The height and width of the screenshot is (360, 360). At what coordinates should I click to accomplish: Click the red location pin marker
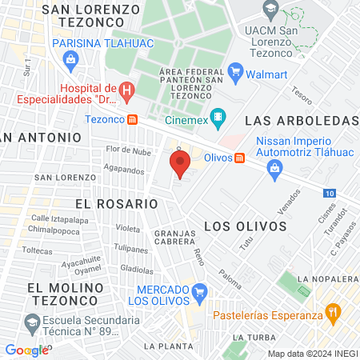[180, 165]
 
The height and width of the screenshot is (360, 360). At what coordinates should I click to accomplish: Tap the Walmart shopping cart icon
[235, 74]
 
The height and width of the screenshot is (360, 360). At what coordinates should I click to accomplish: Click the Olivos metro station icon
[240, 158]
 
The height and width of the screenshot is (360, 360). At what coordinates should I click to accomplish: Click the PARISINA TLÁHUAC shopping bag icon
[71, 58]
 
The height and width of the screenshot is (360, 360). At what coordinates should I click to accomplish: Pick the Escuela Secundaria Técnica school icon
[32, 324]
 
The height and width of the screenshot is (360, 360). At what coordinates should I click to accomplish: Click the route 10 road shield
[330, 193]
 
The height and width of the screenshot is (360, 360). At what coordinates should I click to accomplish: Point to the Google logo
[26, 350]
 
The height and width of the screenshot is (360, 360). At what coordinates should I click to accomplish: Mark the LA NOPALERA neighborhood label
[327, 278]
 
